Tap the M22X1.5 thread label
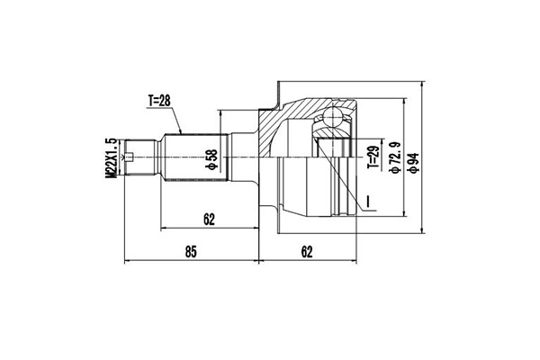click(110, 159)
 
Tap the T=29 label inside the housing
click(373, 160)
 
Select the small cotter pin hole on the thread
click(132, 159)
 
